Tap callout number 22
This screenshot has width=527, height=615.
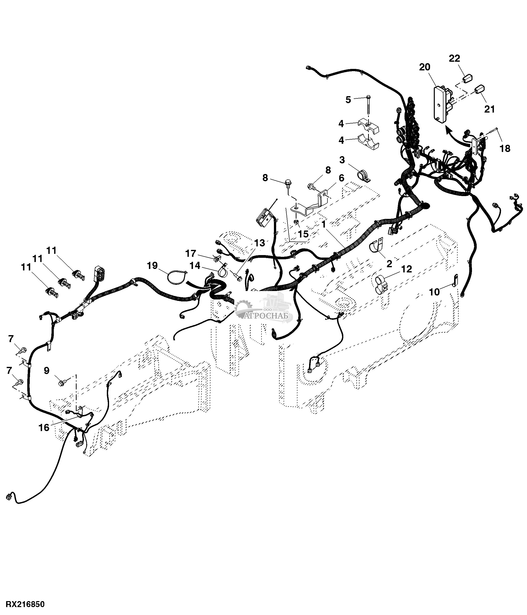tap(454, 59)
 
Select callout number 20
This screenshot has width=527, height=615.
tap(424, 67)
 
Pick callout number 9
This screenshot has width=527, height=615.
tap(47, 371)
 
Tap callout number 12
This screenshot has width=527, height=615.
tap(407, 269)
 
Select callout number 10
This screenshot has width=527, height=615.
tap(435, 292)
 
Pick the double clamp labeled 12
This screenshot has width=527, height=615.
tap(381, 284)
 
